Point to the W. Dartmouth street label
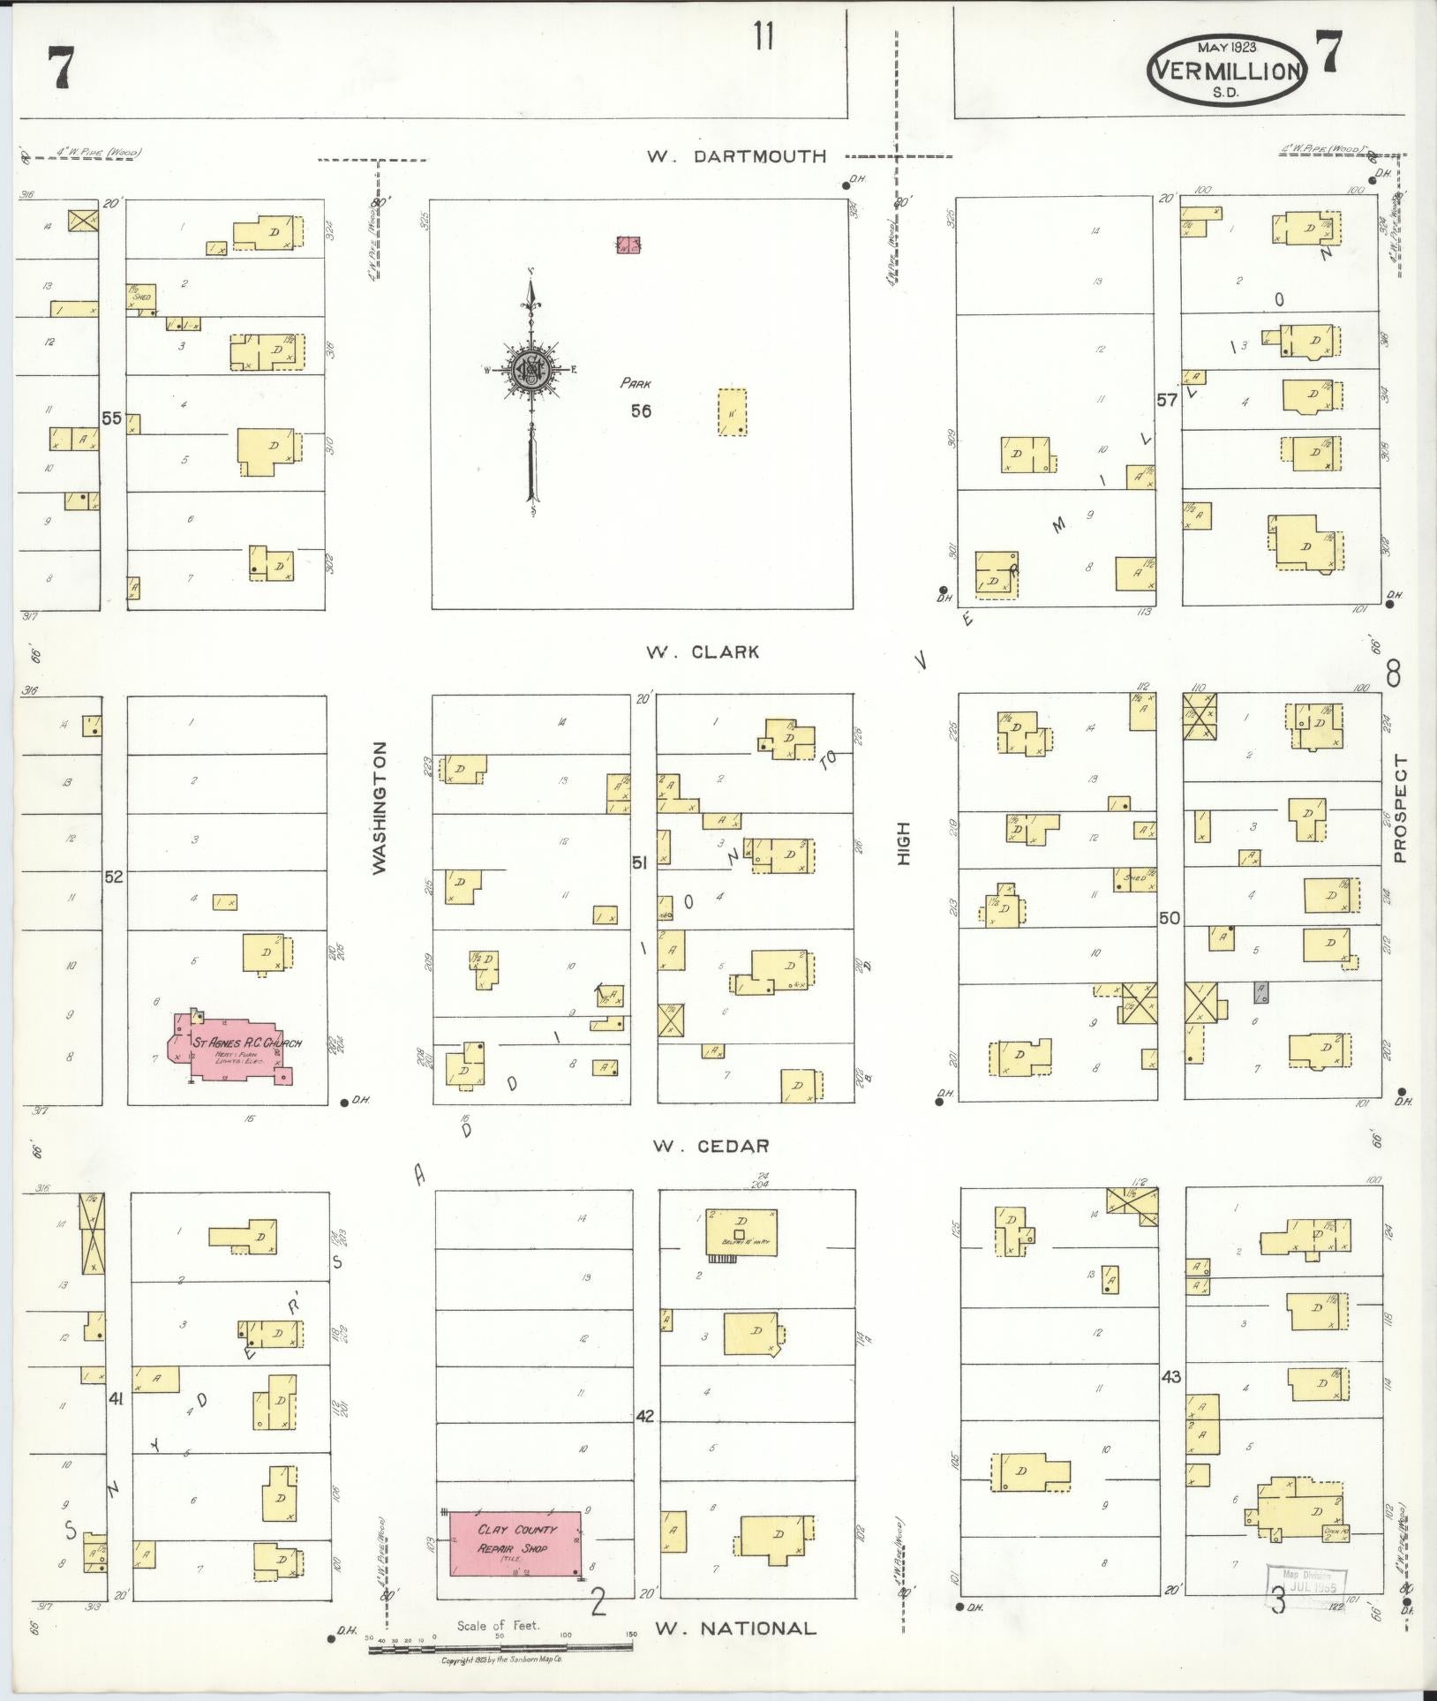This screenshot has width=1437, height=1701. [737, 156]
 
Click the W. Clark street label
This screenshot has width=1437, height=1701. [702, 652]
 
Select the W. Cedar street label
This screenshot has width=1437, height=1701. [711, 1146]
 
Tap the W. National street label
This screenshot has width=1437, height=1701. [734, 1628]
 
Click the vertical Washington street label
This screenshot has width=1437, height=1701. [380, 808]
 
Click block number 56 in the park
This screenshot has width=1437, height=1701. [641, 410]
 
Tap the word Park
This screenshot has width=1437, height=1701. [635, 384]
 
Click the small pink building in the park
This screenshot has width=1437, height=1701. [628, 245]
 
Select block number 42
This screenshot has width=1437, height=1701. [644, 1441]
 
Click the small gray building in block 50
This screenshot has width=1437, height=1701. [1261, 992]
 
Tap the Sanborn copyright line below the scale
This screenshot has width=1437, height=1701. [500, 1660]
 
